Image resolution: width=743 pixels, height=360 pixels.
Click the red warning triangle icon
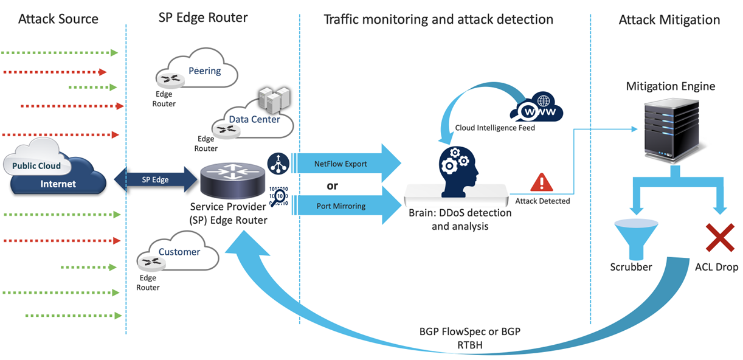pos(541,182)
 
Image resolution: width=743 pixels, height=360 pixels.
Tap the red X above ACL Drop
pos(719,237)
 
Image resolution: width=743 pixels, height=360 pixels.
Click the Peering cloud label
pos(205,71)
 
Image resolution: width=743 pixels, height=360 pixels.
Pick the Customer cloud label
pos(179,252)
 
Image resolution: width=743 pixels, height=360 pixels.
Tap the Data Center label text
pos(254,119)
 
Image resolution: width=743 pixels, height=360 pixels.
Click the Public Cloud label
pos(36,165)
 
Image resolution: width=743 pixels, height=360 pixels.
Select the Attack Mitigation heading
pos(669,20)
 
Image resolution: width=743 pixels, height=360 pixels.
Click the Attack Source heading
pos(58,19)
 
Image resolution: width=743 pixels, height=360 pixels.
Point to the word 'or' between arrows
pos(333,185)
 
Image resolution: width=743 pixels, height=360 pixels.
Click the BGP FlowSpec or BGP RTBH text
pos(470,337)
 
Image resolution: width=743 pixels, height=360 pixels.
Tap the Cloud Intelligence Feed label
pos(495,128)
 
